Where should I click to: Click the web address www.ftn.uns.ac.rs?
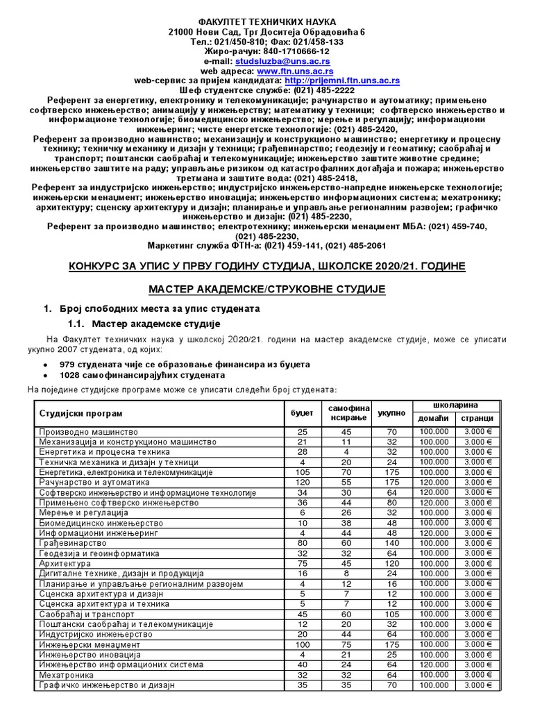pos(295,71)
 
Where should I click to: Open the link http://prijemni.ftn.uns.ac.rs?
pos(345,81)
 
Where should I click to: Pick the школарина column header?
pos(455,405)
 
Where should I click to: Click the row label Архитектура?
pos(65,564)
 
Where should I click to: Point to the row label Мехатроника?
pos(67,674)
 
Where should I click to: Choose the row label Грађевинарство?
pos(73,542)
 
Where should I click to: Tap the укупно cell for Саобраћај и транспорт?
pos(391,614)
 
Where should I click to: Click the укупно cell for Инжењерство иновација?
pos(391,654)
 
